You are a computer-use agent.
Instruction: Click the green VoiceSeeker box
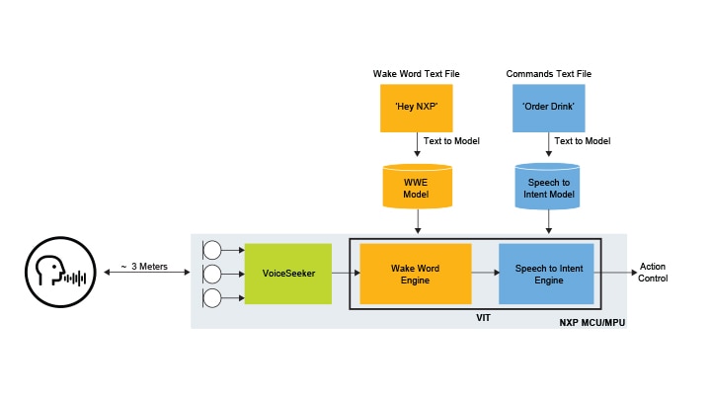point(288,273)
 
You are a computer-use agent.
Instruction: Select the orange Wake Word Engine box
point(416,273)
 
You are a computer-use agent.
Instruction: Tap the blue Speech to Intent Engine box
point(546,273)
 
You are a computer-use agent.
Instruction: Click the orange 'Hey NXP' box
point(416,108)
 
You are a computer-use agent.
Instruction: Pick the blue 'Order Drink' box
point(546,108)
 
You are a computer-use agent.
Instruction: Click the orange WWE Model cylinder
point(416,188)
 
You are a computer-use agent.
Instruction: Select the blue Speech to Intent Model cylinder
point(546,188)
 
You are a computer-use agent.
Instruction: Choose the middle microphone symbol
point(211,273)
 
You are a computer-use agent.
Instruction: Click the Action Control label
point(653,273)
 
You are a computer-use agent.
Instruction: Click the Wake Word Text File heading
point(416,74)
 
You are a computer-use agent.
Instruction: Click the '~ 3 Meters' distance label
point(146,267)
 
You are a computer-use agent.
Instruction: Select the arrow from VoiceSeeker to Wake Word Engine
point(341,273)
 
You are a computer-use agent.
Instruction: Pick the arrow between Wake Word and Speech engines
point(485,273)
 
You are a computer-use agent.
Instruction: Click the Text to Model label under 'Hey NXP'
point(451,141)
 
